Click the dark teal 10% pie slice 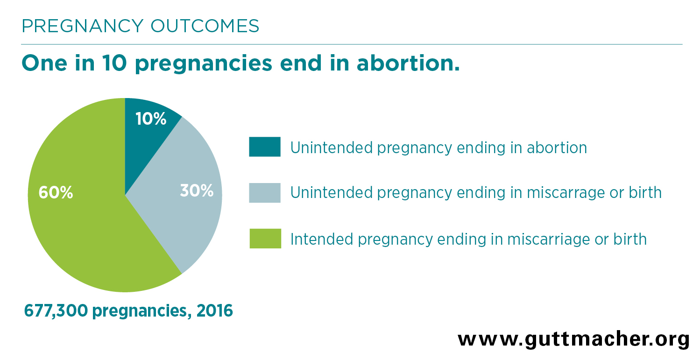click(147, 137)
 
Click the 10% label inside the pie click(151, 119)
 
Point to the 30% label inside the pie click(197, 191)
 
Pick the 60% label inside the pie click(56, 192)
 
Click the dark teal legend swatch click(265, 147)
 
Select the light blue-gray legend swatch click(265, 193)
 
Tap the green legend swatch click(265, 239)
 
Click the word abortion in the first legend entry click(557, 148)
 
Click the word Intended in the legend click(322, 240)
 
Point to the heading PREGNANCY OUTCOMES click(140, 26)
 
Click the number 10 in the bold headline click(114, 63)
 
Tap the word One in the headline click(44, 63)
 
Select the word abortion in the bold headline click(408, 63)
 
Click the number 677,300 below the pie click(56, 311)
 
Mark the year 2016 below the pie click(215, 311)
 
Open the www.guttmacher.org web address click(573, 339)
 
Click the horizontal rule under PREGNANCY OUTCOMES click(352, 44)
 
